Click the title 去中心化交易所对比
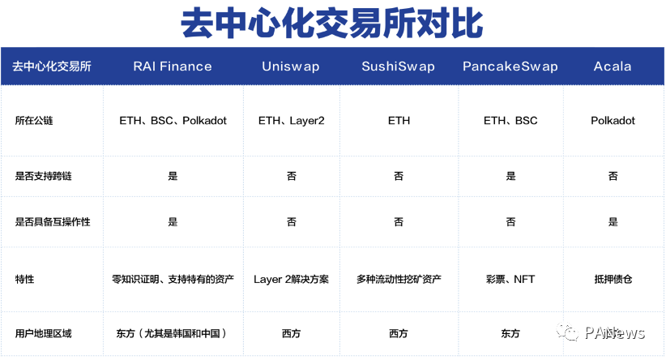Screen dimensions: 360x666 tap(332, 23)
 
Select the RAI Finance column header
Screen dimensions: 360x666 tap(173, 66)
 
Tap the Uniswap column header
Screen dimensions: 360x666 tap(291, 66)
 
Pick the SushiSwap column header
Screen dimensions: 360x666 tap(399, 66)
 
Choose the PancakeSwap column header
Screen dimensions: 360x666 tap(510, 66)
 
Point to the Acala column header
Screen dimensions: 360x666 tap(613, 66)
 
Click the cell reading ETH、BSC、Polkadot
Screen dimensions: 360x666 tap(173, 121)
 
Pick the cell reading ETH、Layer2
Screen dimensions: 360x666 tap(291, 121)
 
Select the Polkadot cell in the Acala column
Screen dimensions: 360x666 tap(613, 121)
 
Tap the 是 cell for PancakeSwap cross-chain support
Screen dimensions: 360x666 tap(510, 176)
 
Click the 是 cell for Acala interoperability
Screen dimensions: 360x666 tap(613, 221)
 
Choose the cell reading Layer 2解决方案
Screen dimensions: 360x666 tap(291, 279)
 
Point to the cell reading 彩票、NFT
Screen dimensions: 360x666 tap(510, 279)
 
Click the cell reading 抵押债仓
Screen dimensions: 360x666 tap(613, 279)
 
